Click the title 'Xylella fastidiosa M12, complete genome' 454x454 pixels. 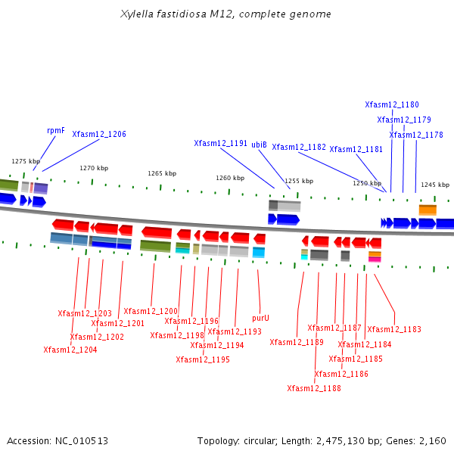226,14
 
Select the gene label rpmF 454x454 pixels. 56,130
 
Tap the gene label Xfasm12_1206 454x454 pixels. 99,134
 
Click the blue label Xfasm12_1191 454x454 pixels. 220,143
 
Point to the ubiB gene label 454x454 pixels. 259,144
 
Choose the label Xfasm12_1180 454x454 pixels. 392,105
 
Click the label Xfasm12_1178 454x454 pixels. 416,135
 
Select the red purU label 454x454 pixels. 260,318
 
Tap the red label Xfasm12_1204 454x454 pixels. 70,350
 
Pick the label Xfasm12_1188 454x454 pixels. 314,388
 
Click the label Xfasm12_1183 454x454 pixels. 394,329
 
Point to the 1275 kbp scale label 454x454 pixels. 25,161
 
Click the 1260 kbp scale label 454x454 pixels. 230,178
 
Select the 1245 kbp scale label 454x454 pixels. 435,185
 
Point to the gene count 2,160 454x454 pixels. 431,440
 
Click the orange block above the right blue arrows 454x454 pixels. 428,210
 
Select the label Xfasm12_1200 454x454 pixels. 151,311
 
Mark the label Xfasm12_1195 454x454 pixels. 203,359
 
